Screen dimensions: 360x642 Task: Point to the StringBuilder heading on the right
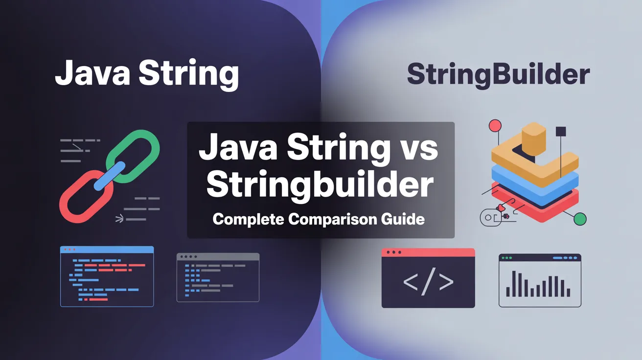(498, 75)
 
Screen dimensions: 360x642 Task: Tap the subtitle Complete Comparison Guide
(319, 219)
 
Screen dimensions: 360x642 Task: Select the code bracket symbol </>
(428, 282)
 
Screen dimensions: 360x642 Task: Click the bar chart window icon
(540, 280)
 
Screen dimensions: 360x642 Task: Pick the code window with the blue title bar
(107, 276)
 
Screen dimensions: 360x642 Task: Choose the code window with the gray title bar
(218, 277)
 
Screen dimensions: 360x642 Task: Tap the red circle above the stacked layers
(495, 126)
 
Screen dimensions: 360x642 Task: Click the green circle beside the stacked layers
(580, 219)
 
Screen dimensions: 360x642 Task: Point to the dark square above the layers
(561, 131)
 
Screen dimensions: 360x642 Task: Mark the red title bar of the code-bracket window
(428, 252)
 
